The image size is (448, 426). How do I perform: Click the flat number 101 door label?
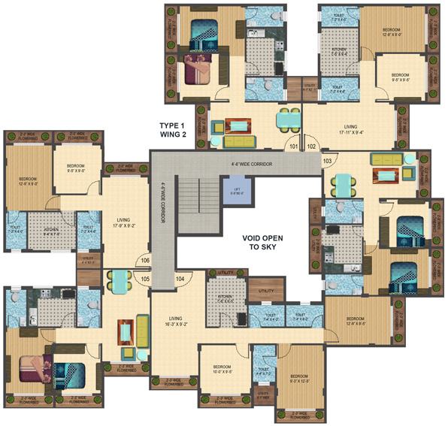[x=295, y=147]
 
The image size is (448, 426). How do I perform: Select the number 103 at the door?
[x=327, y=161]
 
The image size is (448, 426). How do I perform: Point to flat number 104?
[x=180, y=279]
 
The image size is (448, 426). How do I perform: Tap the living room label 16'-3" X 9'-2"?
[x=177, y=322]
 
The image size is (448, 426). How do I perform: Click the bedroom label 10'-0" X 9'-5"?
[x=220, y=369]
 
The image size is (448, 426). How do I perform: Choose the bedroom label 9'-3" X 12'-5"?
[x=300, y=377]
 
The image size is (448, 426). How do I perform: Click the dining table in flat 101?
[x=286, y=120]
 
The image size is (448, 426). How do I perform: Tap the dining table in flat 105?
[x=119, y=281]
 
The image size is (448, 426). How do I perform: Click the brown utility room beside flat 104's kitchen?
[x=265, y=290]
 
